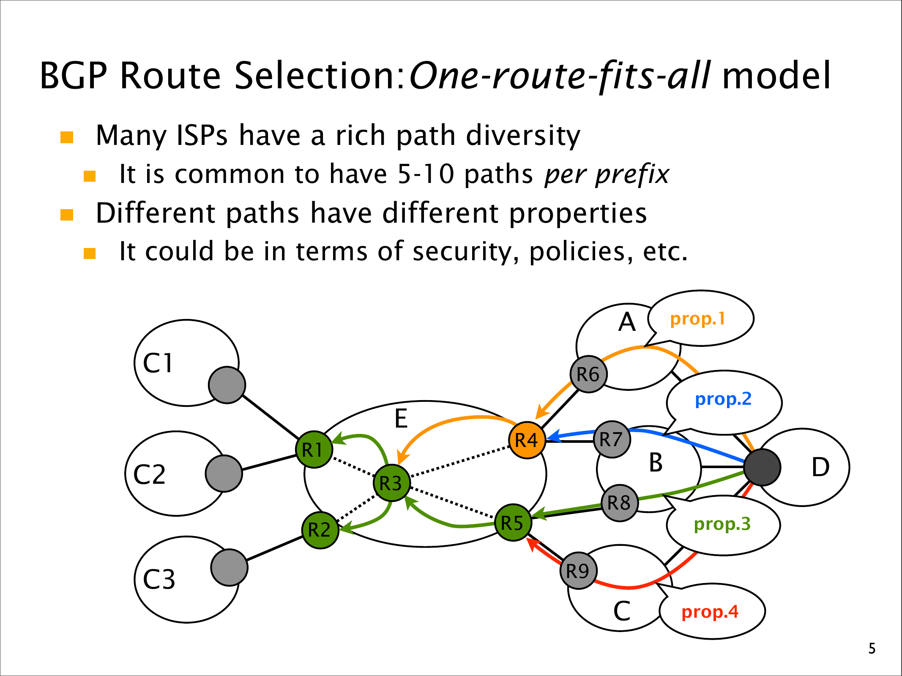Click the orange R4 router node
coord(527,440)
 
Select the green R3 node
coord(391,483)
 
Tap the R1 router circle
coord(314,450)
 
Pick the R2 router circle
coord(320,530)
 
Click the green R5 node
coord(513,523)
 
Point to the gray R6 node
coord(588,374)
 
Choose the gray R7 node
coord(612,439)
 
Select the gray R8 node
coord(619,503)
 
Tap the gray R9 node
coord(578,571)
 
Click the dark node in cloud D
coord(762,467)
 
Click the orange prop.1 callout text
coord(697,319)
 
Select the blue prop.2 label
coord(723,399)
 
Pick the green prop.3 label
coord(722,524)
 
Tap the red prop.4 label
coord(710,612)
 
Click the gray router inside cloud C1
coord(227,385)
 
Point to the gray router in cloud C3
coord(229,567)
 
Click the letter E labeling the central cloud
coord(401,419)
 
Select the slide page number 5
coord(872,649)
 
